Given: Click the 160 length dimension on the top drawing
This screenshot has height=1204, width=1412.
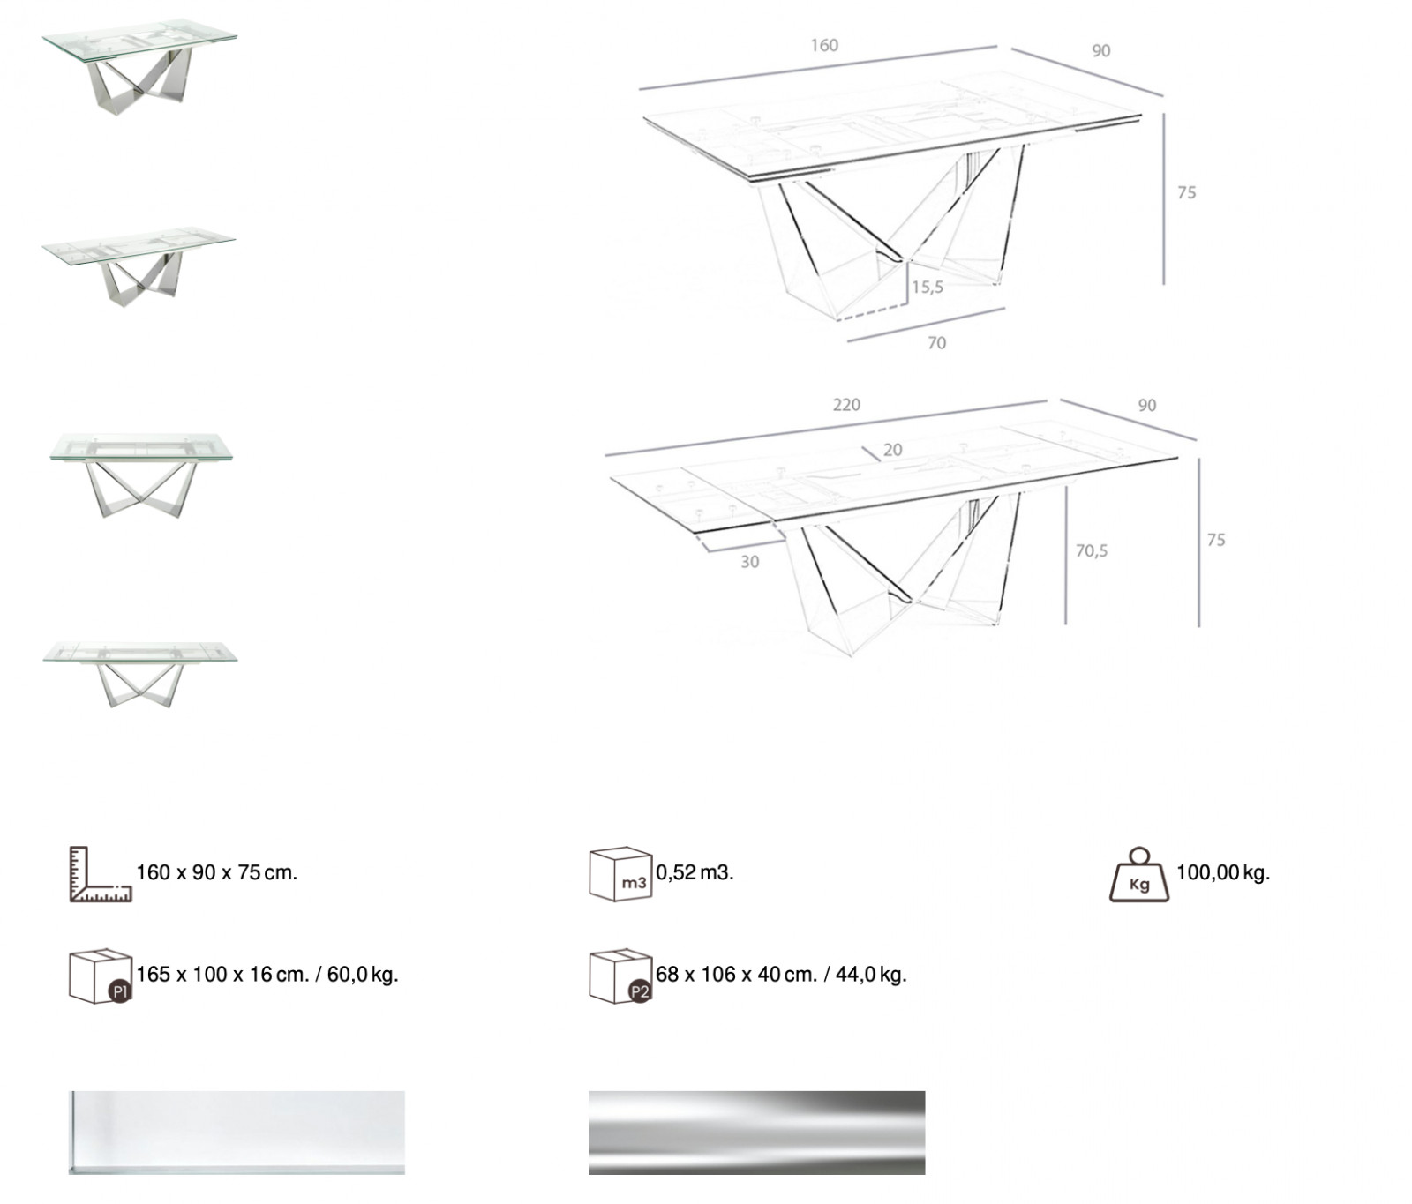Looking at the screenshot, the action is (824, 45).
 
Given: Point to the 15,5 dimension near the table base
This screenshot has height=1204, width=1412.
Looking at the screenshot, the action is (928, 287).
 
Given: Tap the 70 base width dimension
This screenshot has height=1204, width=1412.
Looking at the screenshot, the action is (936, 343).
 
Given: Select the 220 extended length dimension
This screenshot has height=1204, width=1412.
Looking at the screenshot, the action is (846, 405).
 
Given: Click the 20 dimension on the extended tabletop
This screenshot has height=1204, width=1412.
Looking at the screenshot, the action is (892, 450).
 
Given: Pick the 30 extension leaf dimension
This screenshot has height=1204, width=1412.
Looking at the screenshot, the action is (749, 562).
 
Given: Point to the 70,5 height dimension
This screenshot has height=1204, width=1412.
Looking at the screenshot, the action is (1092, 550).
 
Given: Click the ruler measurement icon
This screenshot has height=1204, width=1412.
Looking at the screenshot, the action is (100, 874).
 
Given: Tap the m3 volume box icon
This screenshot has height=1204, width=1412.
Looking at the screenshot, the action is (620, 874).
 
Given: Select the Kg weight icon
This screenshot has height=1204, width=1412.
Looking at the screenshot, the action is (1139, 875).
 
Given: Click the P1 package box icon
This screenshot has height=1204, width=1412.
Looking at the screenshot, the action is (100, 976).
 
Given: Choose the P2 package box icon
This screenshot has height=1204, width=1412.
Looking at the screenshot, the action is (620, 976).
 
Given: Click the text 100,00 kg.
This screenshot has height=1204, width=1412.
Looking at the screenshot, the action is (1223, 873).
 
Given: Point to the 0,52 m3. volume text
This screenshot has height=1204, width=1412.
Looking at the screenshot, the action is (695, 873).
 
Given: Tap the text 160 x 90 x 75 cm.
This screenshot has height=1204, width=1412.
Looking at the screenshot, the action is (217, 873).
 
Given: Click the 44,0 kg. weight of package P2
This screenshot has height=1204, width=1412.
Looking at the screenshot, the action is (871, 975).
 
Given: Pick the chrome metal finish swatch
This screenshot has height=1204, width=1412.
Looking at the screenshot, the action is (756, 1133).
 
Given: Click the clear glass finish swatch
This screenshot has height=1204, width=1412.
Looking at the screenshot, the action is (237, 1133).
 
